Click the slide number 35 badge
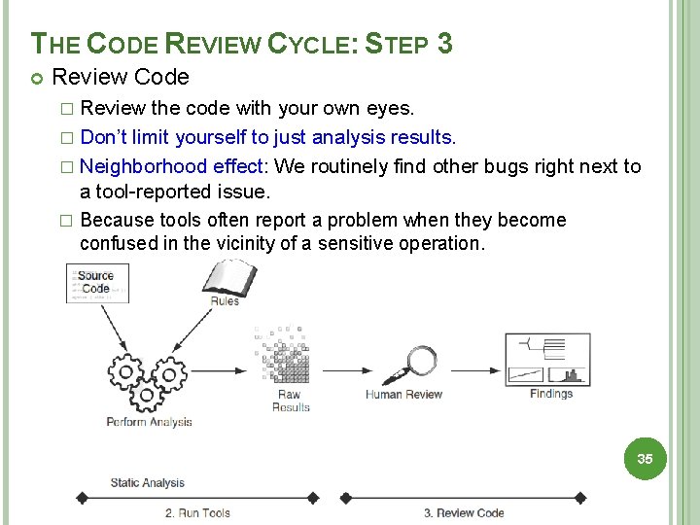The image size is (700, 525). [x=645, y=458]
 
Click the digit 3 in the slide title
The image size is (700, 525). [x=444, y=44]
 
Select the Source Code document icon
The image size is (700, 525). [x=96, y=282]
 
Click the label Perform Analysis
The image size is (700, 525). [x=149, y=422]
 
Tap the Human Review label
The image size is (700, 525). [x=403, y=395]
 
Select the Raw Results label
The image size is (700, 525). [x=291, y=401]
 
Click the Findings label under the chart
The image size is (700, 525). [x=551, y=394]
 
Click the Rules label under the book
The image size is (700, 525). [x=225, y=301]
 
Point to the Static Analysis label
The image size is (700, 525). [x=147, y=482]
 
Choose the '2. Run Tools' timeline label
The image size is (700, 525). [x=196, y=512]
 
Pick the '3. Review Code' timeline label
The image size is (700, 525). [x=463, y=512]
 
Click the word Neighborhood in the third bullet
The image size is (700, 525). [x=144, y=166]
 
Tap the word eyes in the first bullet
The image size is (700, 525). [x=393, y=108]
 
